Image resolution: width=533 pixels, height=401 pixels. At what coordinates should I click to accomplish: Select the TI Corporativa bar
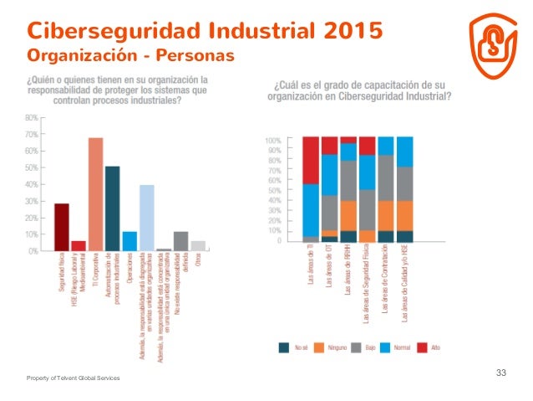95,194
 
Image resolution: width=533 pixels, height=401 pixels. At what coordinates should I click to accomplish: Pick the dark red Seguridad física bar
62,227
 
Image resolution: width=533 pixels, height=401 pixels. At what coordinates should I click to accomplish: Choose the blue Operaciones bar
129,241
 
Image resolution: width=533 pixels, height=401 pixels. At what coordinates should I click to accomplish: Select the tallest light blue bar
146,218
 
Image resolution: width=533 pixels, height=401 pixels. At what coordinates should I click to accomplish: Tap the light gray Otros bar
198,245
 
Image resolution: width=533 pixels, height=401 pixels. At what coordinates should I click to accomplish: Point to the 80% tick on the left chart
31,118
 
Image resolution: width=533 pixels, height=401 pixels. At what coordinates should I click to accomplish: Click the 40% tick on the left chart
31,184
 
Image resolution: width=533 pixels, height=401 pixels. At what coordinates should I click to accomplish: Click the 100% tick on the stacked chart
273,139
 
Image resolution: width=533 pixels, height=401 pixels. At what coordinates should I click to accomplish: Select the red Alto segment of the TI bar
311,160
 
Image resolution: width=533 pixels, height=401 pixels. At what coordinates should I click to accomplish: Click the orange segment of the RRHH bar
348,215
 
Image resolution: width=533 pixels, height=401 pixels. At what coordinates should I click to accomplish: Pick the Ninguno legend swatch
318,347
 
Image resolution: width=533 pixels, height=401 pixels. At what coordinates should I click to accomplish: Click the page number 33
501,372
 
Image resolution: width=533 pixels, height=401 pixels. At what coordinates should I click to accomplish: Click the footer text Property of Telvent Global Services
73,379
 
